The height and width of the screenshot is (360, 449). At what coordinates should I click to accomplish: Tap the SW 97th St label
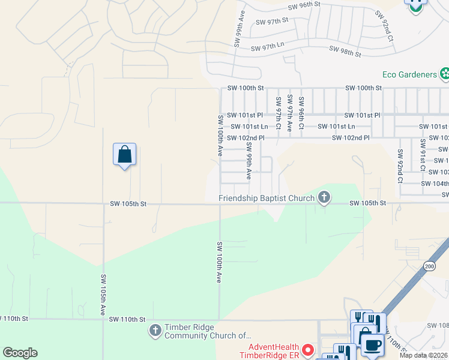[x=273, y=22]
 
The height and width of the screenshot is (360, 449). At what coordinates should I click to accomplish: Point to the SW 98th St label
[x=345, y=53]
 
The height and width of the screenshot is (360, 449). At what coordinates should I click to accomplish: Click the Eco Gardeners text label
[x=409, y=74]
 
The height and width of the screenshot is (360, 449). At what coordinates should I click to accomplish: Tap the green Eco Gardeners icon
[x=444, y=74]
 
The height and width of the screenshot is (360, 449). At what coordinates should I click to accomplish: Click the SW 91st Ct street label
[x=423, y=153]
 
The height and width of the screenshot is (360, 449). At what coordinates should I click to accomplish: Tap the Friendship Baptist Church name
[x=267, y=199]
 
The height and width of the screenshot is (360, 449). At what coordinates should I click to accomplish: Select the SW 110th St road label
[x=128, y=320]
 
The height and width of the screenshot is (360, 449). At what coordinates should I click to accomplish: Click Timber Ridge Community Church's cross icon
[x=155, y=330]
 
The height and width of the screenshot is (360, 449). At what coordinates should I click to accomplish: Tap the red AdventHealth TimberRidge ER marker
[x=309, y=349]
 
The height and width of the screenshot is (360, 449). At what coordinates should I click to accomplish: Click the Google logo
[x=20, y=353]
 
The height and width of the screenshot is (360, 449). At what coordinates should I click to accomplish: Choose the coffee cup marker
[x=373, y=345]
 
